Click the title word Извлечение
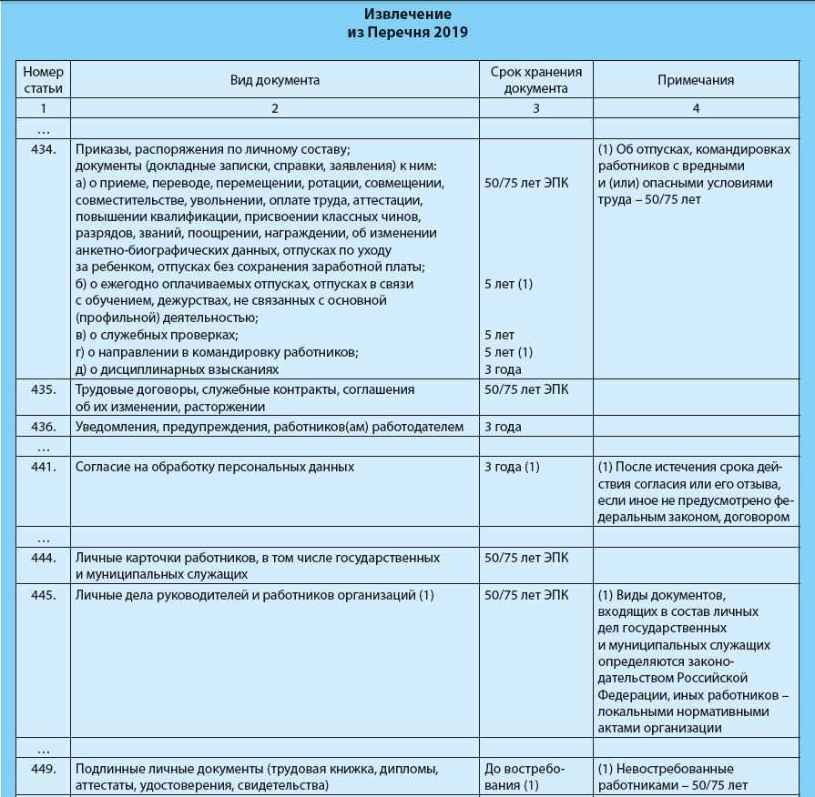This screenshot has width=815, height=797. pos(407,15)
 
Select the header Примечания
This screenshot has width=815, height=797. pos(696,80)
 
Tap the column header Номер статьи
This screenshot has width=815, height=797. pos(44,80)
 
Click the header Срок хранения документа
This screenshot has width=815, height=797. pos(535,80)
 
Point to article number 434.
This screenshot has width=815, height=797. pos(44,148)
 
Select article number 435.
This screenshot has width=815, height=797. pos(44,389)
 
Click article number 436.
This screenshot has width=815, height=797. pos(44,427)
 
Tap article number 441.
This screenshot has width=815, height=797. pos(44,468)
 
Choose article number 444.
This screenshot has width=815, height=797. pos(44,557)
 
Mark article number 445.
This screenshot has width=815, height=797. pos(44,596)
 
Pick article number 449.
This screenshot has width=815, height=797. pos(44,769)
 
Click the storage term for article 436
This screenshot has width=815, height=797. pos(504,427)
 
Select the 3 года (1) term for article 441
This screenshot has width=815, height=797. pos(513,468)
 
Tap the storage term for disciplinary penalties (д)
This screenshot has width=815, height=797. pos(504,369)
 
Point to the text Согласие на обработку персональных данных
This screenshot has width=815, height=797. pos(215,468)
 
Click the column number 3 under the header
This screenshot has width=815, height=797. pos(535,108)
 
